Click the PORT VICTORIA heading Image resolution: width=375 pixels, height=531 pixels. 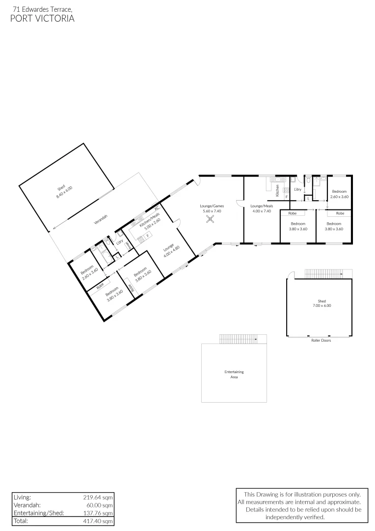pos(42,19)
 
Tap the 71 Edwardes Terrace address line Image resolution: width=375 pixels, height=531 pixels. pos(43,8)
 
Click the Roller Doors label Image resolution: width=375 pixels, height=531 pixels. pos(321,340)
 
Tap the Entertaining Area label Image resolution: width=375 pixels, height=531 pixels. pos(234,374)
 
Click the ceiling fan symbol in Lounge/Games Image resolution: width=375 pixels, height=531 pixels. pos(211,220)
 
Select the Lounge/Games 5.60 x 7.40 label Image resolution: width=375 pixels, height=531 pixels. pos(212,208)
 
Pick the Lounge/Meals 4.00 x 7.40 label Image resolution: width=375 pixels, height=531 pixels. pos(261,208)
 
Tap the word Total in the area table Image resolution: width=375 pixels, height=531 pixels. pos(21,521)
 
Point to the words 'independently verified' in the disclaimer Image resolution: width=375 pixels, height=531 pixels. pos(295,517)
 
